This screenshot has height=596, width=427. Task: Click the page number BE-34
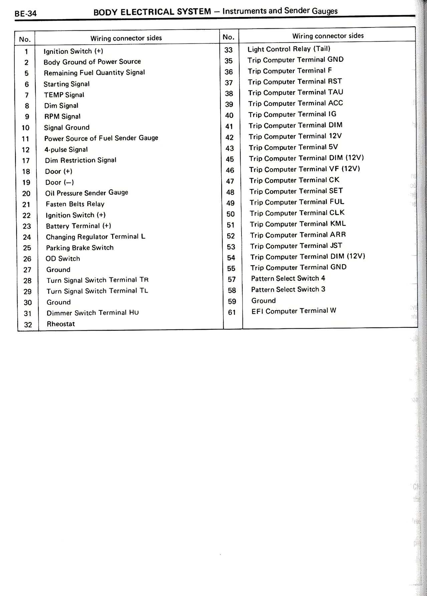pos(26,14)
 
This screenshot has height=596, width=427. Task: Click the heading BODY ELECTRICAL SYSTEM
pos(152,12)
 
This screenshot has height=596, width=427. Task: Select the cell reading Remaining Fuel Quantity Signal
pos(94,73)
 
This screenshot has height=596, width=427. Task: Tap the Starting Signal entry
pos(66,84)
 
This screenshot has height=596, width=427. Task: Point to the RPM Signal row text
pos(62,116)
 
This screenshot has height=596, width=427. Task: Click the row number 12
pos(26,150)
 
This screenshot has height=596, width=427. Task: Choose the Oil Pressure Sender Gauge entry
pos(87,193)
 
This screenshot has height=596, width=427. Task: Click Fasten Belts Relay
pos(75,204)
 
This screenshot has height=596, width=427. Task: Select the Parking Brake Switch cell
pos(80,248)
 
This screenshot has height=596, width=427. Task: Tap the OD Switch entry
pos(63,259)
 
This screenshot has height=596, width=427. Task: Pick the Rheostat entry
pos(61,324)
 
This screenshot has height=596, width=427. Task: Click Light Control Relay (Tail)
pos(289,49)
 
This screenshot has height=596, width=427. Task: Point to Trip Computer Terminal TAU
pos(296,92)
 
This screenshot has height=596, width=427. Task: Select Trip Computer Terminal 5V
pos(293,147)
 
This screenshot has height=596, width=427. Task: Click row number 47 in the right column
pos(230,181)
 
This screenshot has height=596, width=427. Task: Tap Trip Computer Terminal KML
pos(298,224)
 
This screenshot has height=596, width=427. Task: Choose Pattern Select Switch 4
pos(288,278)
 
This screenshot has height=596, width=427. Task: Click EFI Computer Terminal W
pos(294,311)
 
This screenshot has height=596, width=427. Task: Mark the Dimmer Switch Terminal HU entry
pos(93,313)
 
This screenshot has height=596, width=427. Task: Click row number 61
pos(232,312)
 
